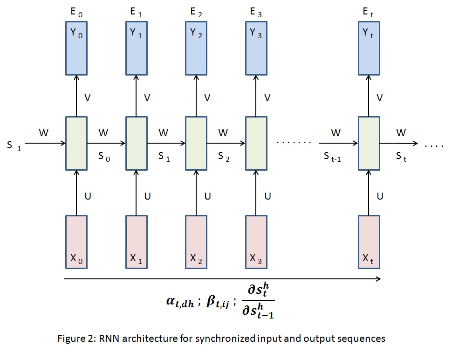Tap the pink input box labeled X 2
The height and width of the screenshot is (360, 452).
pyautogui.click(x=196, y=242)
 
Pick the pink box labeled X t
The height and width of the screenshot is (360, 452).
pyautogui.click(x=369, y=242)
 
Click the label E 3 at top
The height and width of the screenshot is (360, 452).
pyautogui.click(x=255, y=13)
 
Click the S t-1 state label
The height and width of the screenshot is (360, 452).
pyautogui.click(x=333, y=157)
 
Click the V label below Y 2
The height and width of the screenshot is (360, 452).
pyautogui.click(x=207, y=98)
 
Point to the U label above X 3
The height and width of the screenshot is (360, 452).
pyautogui.click(x=267, y=196)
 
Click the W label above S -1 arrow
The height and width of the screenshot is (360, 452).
pyautogui.click(x=43, y=133)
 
